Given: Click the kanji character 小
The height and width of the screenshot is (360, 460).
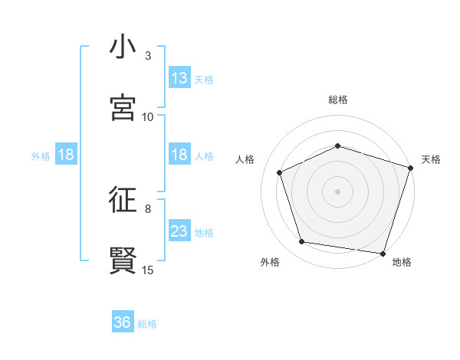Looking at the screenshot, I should (123, 47).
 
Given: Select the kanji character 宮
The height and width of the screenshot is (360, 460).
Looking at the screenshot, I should (123, 108).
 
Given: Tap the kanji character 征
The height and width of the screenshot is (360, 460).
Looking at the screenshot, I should (123, 201).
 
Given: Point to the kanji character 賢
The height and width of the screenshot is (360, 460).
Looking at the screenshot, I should (123, 261).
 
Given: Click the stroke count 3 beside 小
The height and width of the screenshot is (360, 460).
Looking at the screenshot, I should (148, 56).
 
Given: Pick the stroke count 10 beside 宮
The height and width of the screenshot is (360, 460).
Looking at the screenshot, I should (148, 117).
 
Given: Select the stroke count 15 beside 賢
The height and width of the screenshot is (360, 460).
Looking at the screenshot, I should (148, 270).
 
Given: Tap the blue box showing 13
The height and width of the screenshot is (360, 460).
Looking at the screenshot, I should (179, 78).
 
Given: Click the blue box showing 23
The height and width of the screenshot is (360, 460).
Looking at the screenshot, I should (179, 231).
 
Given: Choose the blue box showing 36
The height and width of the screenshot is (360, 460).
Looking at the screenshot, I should (123, 323).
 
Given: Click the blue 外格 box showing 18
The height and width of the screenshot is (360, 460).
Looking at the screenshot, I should (66, 155).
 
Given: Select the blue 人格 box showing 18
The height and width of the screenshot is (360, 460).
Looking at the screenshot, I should (179, 155).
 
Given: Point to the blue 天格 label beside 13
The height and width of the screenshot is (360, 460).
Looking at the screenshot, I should (204, 79).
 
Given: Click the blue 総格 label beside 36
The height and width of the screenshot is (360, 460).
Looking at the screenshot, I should (147, 324).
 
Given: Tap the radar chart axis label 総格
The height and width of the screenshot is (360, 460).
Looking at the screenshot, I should (338, 100).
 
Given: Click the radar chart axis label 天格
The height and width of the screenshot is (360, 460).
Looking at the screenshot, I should (432, 159).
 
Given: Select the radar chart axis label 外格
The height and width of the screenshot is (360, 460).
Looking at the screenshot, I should (270, 263).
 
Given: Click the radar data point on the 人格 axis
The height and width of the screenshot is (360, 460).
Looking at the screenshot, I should (280, 172).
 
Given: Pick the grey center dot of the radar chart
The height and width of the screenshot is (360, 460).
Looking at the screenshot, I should (338, 191).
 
